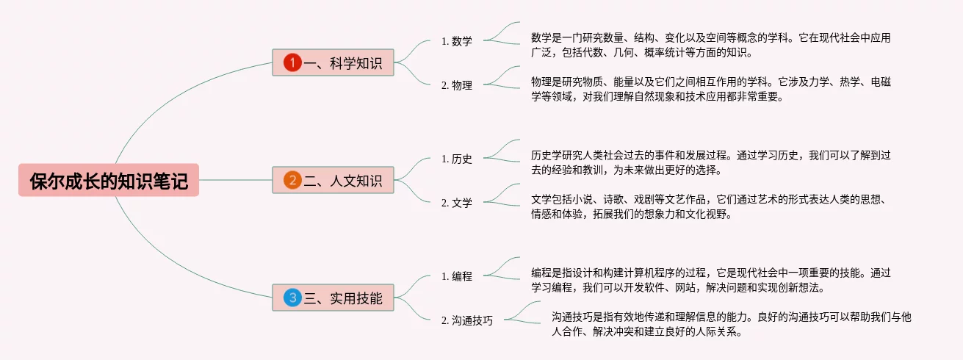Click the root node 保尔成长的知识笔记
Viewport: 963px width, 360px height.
coord(109,180)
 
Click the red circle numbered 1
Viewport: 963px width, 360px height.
coord(292,63)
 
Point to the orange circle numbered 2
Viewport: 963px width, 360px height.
coord(292,180)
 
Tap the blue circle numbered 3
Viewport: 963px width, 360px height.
coord(292,298)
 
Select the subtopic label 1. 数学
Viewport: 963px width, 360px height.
coord(456,41)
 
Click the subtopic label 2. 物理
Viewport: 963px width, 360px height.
coord(456,85)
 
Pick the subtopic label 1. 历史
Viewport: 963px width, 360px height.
coord(456,159)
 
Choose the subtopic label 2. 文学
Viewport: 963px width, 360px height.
coord(456,203)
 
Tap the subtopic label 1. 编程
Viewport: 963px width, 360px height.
coord(456,276)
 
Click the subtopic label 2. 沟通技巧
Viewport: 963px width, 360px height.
coord(466,320)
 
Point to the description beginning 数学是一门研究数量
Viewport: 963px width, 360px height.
coord(710,44)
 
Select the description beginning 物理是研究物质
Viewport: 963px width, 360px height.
coord(710,88)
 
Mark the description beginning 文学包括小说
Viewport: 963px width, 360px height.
coord(710,206)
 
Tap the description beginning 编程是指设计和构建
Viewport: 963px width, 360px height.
coord(710,280)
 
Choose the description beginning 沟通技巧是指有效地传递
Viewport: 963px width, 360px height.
coord(731,324)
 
